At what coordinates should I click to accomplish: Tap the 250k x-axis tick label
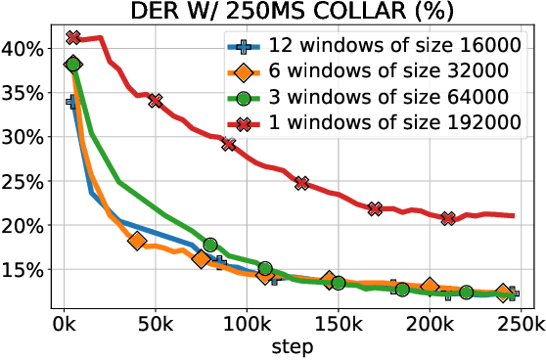[x=519, y=324]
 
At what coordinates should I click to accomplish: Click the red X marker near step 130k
[x=301, y=183]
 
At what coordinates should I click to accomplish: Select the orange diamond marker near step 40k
[x=137, y=241]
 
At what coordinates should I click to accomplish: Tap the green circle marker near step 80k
[x=210, y=245]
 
